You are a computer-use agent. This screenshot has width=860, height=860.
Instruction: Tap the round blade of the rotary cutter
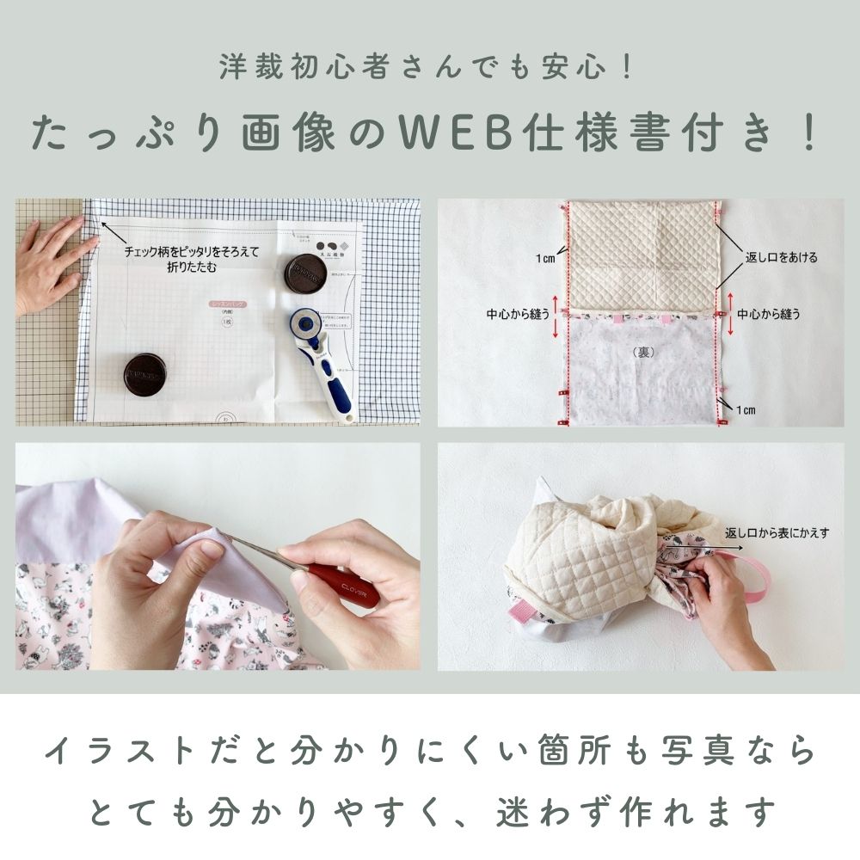click(304, 324)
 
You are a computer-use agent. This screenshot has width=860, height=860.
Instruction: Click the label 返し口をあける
click(780, 257)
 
